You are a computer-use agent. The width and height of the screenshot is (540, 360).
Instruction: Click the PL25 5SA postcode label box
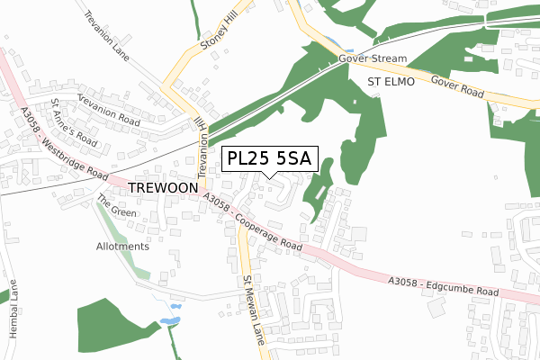[268, 158]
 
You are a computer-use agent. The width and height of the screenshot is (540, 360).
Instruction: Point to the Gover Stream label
[373, 58]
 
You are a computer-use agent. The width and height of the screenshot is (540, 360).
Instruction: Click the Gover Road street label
[458, 86]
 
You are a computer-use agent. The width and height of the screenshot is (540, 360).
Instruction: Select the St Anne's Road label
[74, 122]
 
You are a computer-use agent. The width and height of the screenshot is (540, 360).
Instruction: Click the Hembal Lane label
[13, 310]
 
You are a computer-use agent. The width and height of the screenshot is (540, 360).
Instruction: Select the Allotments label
[122, 246]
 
